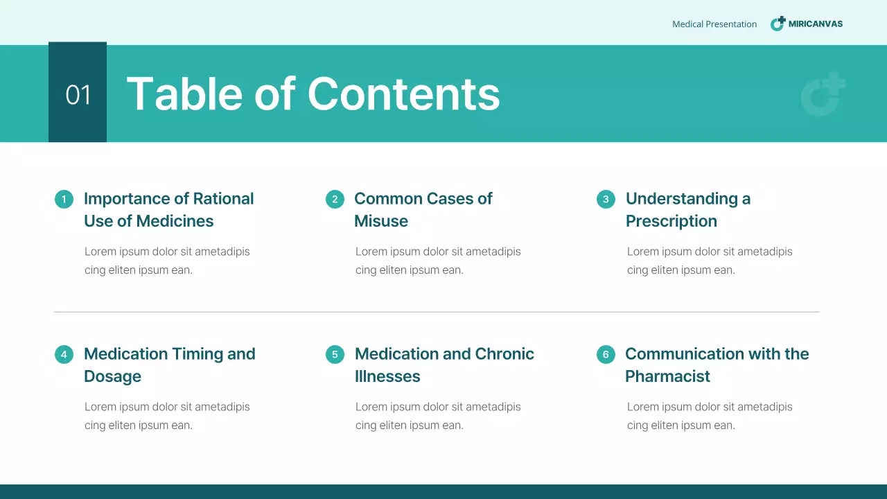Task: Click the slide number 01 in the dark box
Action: coord(78,95)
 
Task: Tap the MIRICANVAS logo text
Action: coord(815,24)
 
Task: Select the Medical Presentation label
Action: coord(714,24)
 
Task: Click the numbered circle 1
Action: coord(64,200)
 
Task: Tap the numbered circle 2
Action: coord(335,200)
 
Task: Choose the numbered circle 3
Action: coord(606,200)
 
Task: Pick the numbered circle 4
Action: coord(64,355)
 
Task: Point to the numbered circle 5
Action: coord(335,355)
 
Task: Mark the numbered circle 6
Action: coord(606,355)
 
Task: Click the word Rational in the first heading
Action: coord(223,199)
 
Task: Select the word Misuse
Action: coord(381,221)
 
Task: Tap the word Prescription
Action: coord(671,221)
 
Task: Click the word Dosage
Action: coord(112,376)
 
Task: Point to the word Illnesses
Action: coord(387,376)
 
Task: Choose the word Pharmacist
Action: coord(667,376)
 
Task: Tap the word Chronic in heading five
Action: coord(504,354)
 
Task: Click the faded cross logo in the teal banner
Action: coord(823,94)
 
